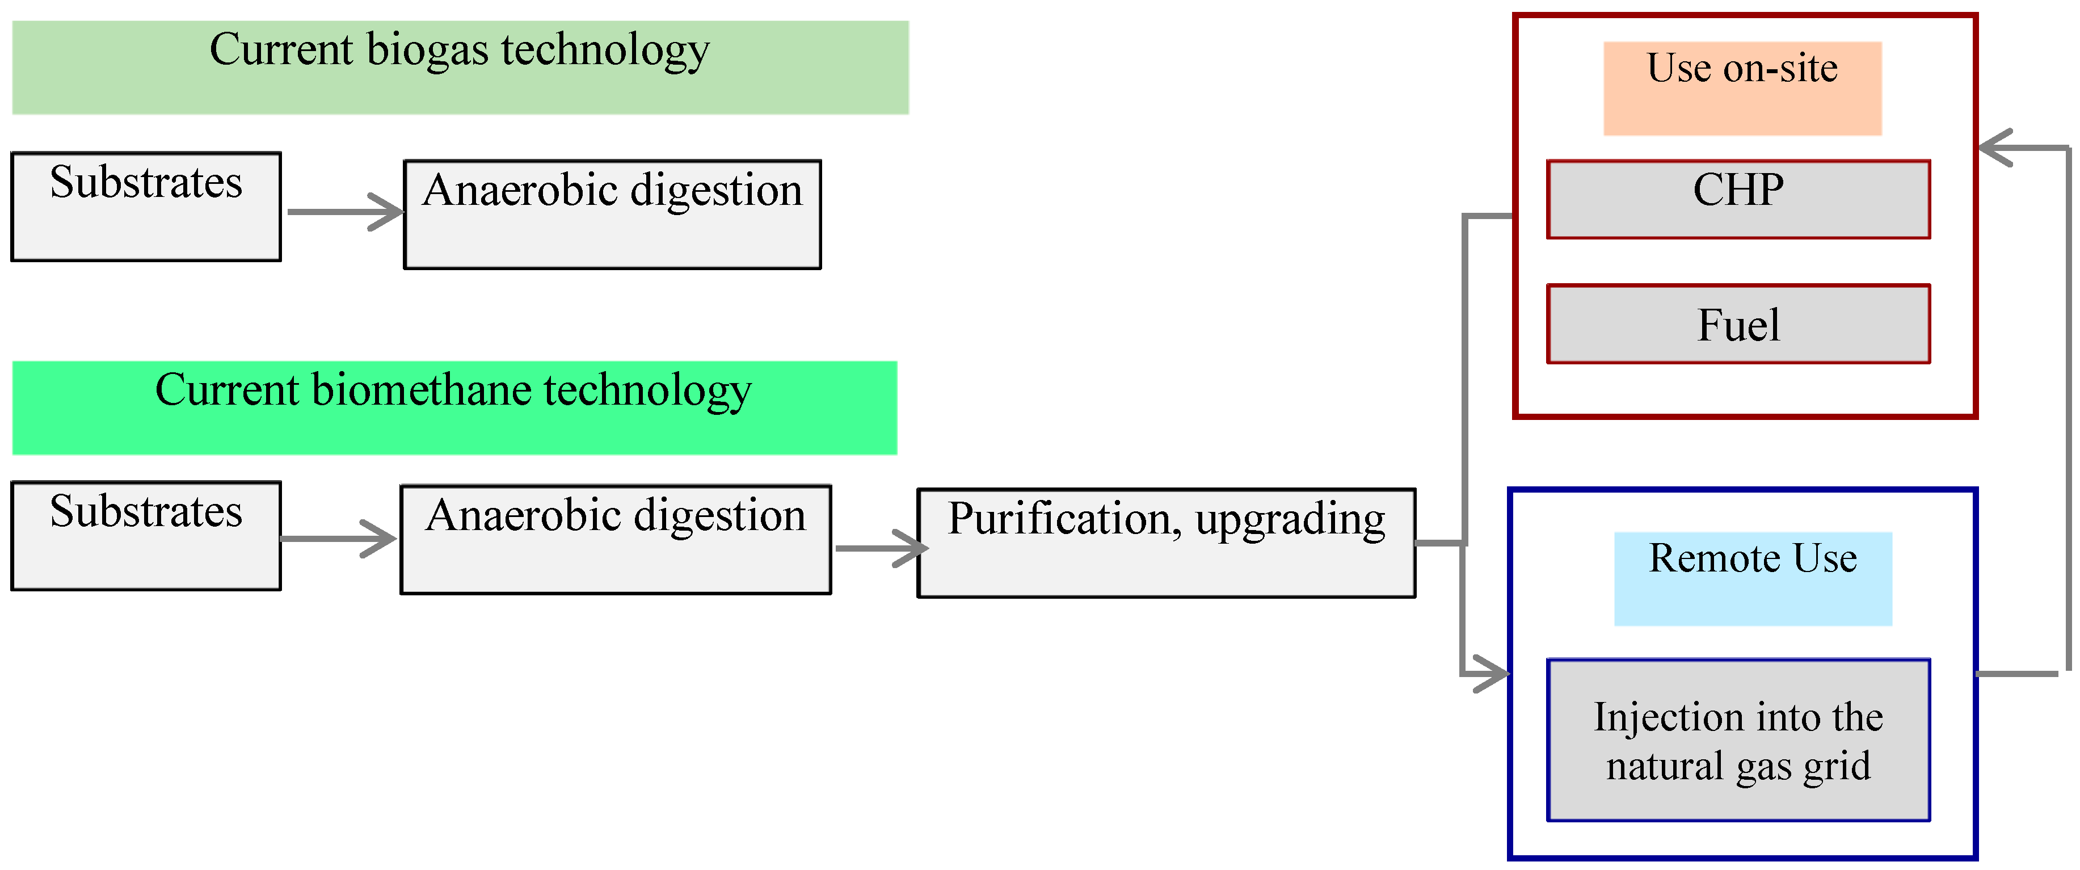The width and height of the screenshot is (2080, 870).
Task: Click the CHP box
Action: pyautogui.click(x=1738, y=200)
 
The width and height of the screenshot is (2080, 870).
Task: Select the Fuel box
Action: pyautogui.click(x=1738, y=324)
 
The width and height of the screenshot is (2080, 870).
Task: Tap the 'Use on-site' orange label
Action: pyautogui.click(x=1742, y=88)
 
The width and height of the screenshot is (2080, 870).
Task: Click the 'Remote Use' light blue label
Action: pyautogui.click(x=1752, y=578)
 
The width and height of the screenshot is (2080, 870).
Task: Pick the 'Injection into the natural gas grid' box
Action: pyautogui.click(x=1738, y=740)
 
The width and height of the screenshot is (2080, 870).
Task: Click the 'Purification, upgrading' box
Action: pyautogui.click(x=1166, y=543)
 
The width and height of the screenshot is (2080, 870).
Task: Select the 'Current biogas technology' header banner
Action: pyautogui.click(x=460, y=68)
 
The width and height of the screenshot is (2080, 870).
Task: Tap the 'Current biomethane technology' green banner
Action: pyautogui.click(x=454, y=408)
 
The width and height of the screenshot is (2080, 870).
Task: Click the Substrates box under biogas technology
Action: pyautogui.click(x=146, y=207)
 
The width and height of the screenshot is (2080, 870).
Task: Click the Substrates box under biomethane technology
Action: pyautogui.click(x=146, y=536)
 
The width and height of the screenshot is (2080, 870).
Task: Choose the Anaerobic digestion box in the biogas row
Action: pyautogui.click(x=612, y=214)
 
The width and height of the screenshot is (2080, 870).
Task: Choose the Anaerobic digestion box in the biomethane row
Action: pyautogui.click(x=615, y=540)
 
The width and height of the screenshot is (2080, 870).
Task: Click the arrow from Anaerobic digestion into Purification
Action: pyautogui.click(x=880, y=548)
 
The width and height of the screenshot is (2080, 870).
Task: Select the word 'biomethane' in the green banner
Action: pyautogui.click(x=422, y=390)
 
